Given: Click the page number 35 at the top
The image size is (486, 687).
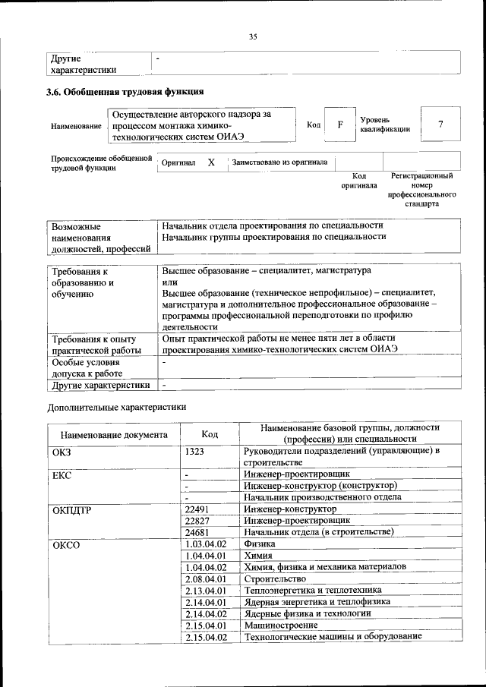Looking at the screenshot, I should [x=254, y=35].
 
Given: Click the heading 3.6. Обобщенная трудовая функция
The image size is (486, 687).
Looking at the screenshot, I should [x=125, y=93].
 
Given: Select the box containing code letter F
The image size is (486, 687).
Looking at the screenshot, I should [x=340, y=124].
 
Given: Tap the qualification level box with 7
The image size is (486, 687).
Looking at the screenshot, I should [x=440, y=124].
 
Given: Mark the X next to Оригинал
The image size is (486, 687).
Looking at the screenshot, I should [x=212, y=162].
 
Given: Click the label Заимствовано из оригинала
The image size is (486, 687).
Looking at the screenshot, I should [x=280, y=162].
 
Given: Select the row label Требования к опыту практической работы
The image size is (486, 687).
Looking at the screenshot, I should [x=93, y=344].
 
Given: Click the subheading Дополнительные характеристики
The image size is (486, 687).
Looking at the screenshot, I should [x=116, y=408].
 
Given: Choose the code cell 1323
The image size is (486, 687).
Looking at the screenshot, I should [x=195, y=452].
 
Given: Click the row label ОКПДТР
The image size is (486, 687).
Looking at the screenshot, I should [x=71, y=509].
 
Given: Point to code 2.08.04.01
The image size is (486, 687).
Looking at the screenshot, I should [x=206, y=578].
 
